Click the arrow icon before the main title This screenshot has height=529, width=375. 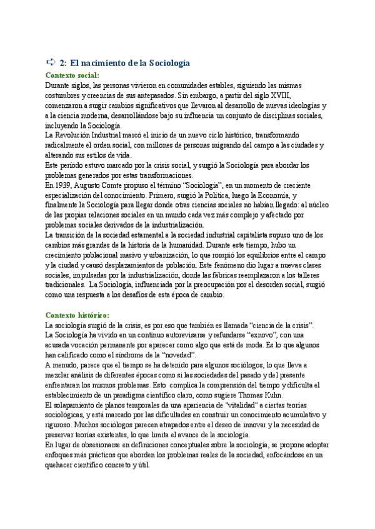(51, 62)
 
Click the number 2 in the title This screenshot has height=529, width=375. (63, 63)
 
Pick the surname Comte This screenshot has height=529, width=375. (119, 185)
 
